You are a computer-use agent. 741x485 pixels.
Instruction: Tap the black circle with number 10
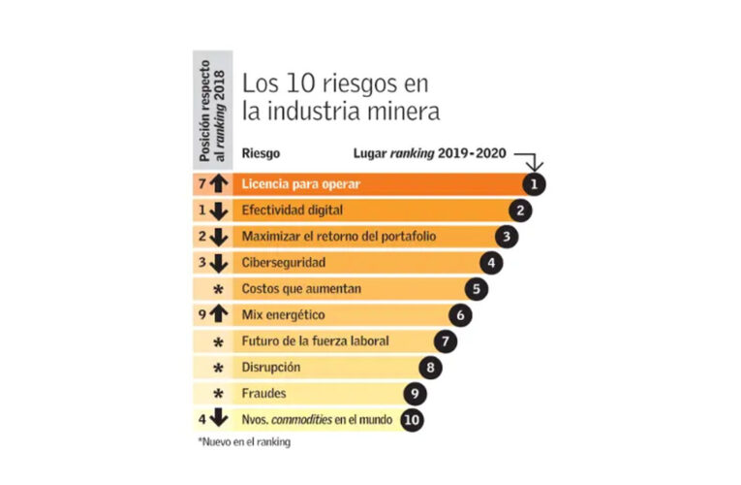411,420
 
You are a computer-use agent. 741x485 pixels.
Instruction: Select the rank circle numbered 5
476,288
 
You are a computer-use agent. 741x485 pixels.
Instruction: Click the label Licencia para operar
302,182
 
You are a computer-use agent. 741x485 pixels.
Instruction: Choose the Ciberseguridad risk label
283,262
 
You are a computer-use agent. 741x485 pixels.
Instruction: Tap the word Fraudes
264,394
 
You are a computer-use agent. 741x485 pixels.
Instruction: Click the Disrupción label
271,368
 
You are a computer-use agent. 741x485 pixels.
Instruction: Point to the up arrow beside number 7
219,182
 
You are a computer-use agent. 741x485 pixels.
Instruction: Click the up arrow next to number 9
219,314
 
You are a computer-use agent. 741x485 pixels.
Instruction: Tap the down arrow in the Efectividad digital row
219,209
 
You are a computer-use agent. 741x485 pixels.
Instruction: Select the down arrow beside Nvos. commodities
219,420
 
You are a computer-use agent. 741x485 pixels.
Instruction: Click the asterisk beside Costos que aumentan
219,290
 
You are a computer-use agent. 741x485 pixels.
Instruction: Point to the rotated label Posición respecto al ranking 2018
212,106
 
